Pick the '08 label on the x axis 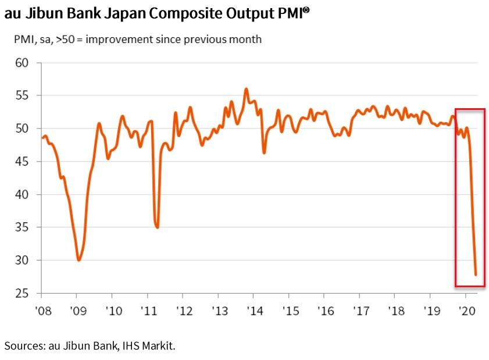(x=42, y=311)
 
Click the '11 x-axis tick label (x=148, y=311)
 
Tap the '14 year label (x=254, y=311)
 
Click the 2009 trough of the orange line (x=78, y=260)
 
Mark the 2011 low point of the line (x=157, y=227)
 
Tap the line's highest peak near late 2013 (x=246, y=89)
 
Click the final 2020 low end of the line (x=476, y=275)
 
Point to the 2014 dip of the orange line (x=264, y=153)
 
